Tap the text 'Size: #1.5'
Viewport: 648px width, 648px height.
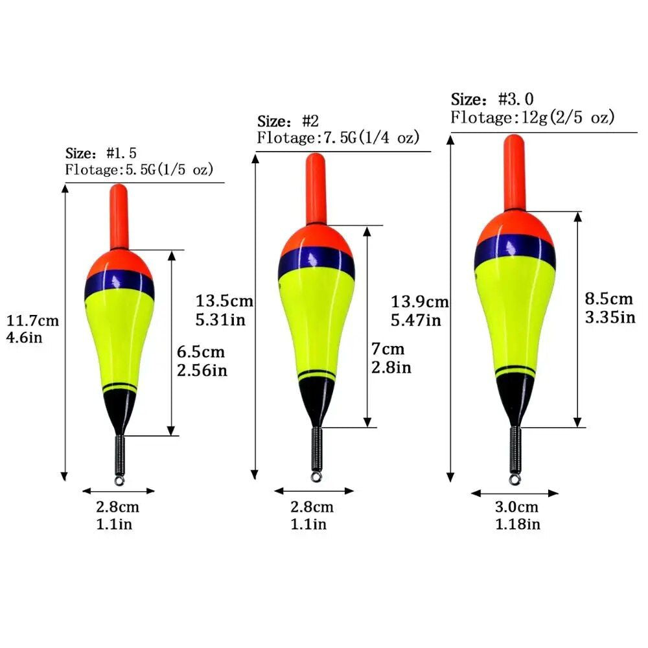(x=100, y=154)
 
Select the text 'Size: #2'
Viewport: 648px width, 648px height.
(x=288, y=122)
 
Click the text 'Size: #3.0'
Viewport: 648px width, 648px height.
(x=492, y=99)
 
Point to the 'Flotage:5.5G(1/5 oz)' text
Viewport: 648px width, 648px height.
(x=139, y=170)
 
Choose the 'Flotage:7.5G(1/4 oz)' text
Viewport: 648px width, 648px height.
(x=338, y=138)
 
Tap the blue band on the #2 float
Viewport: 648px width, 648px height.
(x=317, y=263)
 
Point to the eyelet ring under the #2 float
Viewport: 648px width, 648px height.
(x=316, y=477)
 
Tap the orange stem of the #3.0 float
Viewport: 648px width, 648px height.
(x=515, y=172)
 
